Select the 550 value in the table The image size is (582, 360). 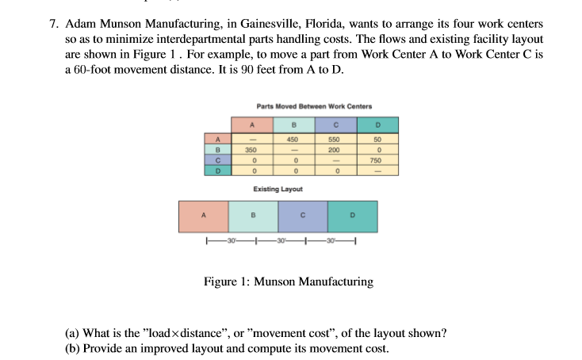click(335, 139)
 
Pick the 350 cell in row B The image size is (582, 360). click(251, 149)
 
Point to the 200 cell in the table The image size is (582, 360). click(335, 149)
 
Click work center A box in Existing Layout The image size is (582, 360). click(203, 215)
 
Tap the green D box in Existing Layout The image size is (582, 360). click(352, 215)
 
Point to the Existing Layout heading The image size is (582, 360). click(277, 189)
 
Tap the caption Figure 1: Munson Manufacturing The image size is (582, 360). click(289, 281)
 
